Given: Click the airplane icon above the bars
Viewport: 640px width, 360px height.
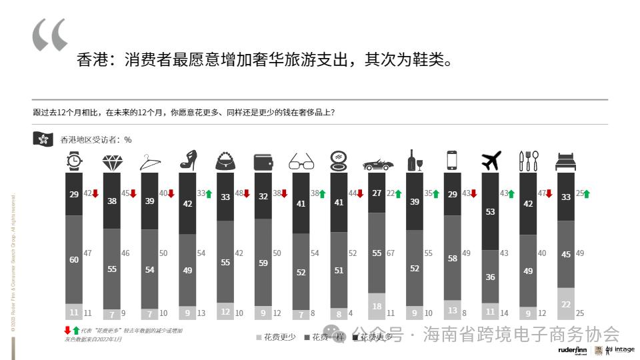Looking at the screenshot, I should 491,161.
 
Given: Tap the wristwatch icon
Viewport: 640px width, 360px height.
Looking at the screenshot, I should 74,161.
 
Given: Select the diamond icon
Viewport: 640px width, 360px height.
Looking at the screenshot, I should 111,161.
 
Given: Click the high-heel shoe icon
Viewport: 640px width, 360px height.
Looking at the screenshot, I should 187,160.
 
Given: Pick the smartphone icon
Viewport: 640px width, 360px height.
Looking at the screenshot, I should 452,161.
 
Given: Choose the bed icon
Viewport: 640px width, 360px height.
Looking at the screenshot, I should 565,161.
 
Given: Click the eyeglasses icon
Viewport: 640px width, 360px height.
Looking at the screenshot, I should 301,161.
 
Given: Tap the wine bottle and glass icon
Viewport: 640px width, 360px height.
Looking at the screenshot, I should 415,160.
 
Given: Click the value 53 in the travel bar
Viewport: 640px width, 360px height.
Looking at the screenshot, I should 491,211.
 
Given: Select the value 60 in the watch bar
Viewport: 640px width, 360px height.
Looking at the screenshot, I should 74,260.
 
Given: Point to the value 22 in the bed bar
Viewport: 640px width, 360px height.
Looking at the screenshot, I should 565,305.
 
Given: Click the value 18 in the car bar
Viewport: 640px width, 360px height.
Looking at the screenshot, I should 377,307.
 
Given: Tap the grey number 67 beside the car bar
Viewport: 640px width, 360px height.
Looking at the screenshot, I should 391,253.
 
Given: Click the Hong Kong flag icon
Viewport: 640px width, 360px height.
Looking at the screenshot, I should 43,139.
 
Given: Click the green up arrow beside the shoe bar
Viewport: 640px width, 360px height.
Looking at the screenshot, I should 208,194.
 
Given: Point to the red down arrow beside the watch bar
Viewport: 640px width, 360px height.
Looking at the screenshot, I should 95,194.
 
